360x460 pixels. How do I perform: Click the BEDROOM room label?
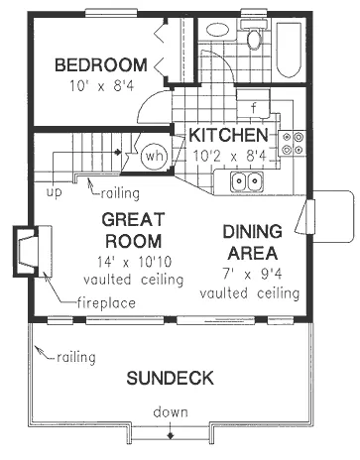point(101,65)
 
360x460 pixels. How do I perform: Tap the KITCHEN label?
point(228,135)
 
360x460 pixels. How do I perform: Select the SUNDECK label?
point(171,378)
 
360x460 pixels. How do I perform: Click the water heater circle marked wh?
point(155,156)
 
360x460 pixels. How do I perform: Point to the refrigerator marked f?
point(254,103)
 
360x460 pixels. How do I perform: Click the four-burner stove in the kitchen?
point(293,144)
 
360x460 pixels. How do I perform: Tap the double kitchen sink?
point(247,181)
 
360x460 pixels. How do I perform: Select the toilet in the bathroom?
point(254,35)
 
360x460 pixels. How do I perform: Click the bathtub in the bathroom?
point(289,50)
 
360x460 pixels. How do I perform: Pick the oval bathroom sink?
point(217,30)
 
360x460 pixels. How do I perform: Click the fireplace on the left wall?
point(33,251)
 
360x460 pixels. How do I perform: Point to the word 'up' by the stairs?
point(54,193)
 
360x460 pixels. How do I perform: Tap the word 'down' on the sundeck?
point(171,412)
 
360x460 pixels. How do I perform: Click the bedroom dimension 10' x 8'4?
point(101,86)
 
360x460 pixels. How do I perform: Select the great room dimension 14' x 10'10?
point(134,262)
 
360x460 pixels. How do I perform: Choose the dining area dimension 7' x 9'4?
point(252,274)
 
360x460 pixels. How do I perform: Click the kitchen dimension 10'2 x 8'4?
point(229,156)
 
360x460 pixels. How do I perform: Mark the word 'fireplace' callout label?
point(106,303)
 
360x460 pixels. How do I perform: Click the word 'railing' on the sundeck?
point(76,358)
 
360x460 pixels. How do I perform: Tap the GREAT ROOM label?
point(133,230)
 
